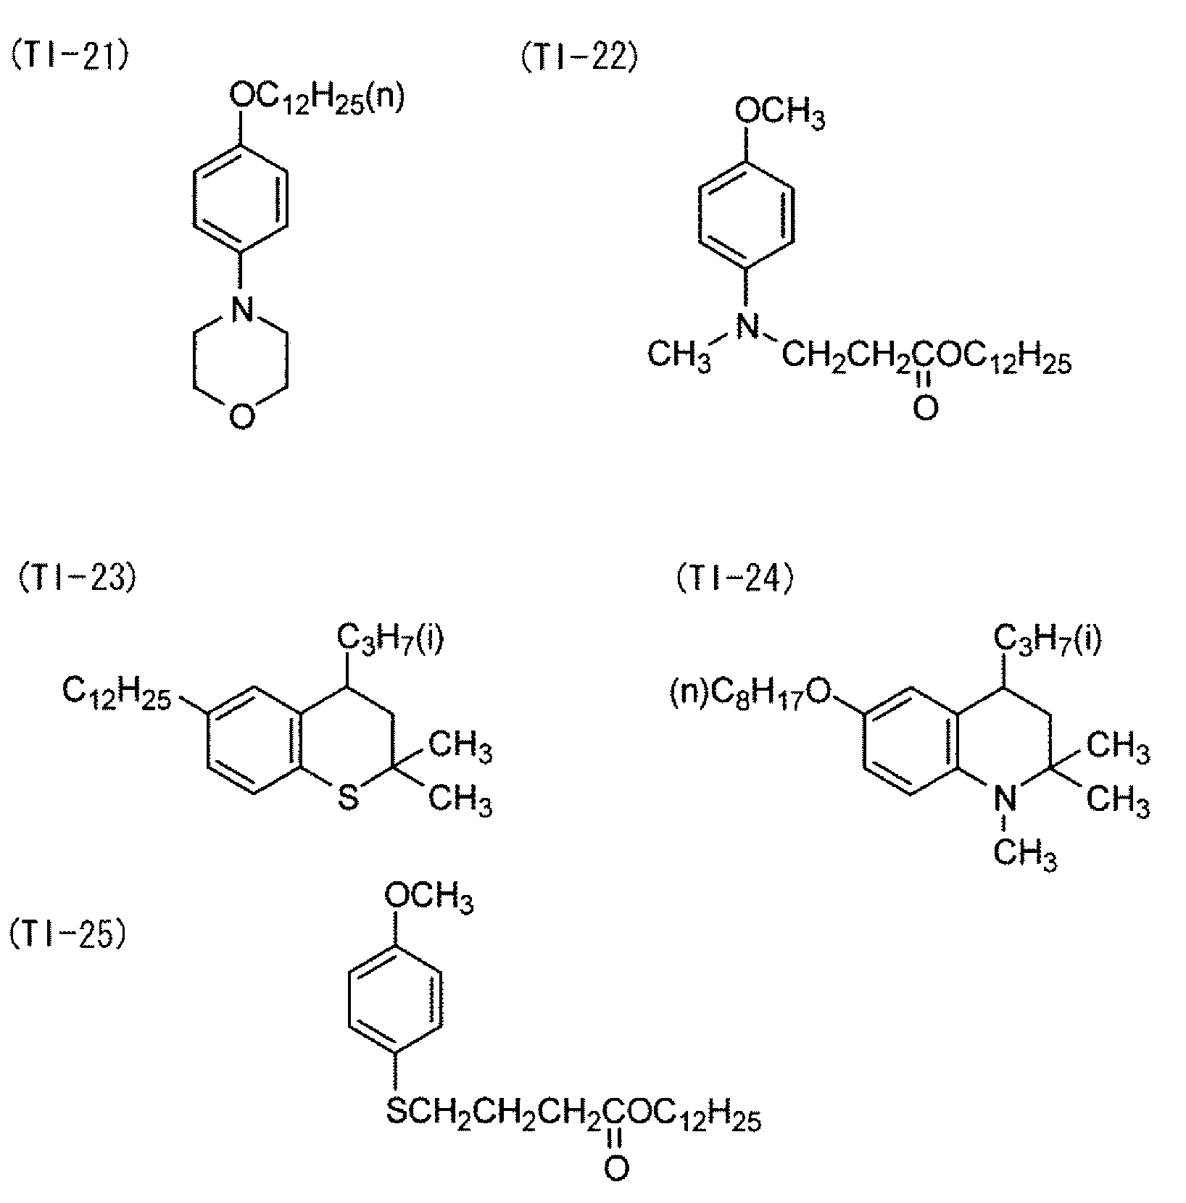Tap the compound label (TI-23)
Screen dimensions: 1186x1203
pyautogui.click(x=75, y=580)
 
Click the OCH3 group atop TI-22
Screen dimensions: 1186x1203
pyautogui.click(x=779, y=113)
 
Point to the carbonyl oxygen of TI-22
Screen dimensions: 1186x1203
pyautogui.click(x=925, y=409)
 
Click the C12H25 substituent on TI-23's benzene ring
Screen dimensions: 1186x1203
pyautogui.click(x=117, y=692)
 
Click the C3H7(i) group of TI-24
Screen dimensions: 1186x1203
pyautogui.click(x=1047, y=639)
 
